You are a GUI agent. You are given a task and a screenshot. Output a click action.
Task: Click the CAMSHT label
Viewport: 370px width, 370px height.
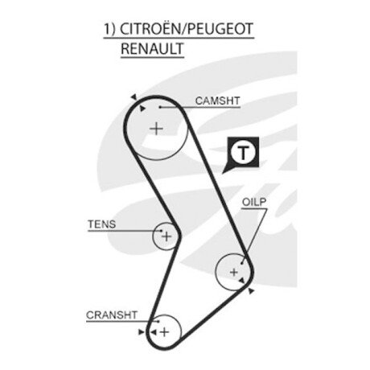[217, 101]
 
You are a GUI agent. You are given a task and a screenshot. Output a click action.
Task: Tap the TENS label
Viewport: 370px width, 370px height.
[102, 224]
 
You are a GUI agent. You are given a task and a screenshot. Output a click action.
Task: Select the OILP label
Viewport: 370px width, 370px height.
[254, 202]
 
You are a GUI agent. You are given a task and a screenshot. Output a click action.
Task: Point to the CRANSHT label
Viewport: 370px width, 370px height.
[112, 314]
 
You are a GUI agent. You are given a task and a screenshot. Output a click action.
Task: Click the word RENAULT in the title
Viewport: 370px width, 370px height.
[152, 48]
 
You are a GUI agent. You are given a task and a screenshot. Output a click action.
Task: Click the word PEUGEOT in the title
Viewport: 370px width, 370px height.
[220, 29]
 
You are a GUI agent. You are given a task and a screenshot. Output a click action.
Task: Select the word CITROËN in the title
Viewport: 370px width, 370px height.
[150, 28]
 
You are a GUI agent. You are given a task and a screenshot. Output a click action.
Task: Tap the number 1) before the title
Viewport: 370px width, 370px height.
[109, 29]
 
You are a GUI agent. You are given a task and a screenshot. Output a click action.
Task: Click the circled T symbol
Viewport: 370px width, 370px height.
[243, 153]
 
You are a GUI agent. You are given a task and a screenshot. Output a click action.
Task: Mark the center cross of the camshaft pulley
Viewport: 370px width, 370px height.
[156, 129]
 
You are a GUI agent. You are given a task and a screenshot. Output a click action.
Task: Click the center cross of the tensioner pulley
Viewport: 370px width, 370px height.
[166, 236]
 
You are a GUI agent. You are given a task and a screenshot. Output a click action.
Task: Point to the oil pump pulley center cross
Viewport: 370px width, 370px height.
[234, 272]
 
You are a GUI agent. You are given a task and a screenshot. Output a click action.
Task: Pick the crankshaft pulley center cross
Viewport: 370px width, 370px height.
[164, 332]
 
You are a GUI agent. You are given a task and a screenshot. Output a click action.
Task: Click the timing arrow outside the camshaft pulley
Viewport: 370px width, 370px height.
[134, 97]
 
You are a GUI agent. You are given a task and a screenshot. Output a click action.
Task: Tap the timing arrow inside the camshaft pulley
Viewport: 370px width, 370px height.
[142, 109]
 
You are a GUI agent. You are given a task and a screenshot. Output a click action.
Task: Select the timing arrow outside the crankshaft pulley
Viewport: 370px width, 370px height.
[141, 332]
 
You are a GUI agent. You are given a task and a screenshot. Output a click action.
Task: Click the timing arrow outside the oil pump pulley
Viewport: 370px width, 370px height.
[251, 291]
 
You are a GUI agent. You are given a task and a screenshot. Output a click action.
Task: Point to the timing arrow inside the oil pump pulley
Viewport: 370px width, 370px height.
[242, 281]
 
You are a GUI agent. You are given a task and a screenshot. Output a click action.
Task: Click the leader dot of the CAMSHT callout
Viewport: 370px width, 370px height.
[159, 107]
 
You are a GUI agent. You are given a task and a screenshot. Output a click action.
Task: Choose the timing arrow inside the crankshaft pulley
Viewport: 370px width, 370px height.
[153, 332]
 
